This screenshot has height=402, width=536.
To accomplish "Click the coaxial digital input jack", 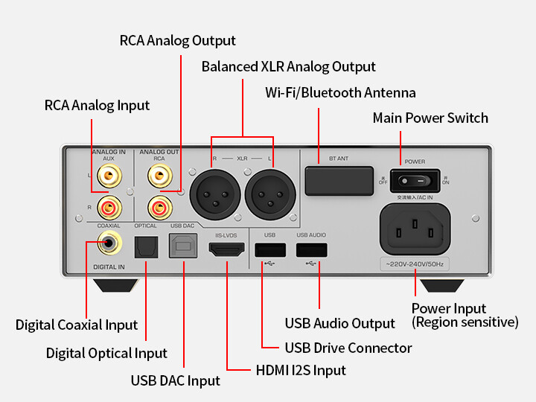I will [111, 241].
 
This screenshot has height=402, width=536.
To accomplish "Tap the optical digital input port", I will [146, 246].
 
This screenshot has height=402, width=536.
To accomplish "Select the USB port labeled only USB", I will [269, 250].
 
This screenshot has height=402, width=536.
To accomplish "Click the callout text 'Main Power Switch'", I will [430, 118].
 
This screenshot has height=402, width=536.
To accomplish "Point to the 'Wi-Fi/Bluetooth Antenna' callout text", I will [340, 93].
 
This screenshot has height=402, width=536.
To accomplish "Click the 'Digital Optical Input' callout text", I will [106, 353].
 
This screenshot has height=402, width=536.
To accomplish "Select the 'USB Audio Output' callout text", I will [340, 323].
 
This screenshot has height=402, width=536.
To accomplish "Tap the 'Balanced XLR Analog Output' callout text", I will [289, 67].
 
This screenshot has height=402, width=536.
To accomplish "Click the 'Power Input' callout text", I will [449, 308].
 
